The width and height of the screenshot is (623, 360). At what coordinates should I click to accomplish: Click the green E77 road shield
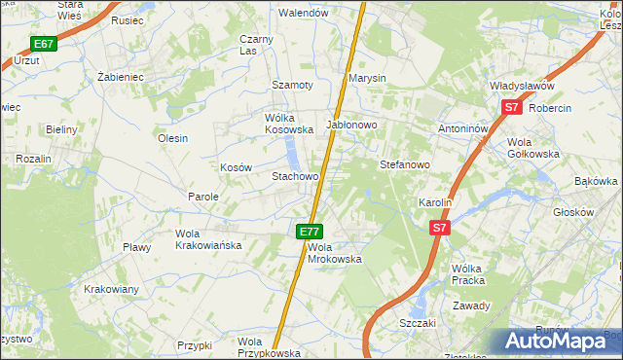click(x=310, y=232)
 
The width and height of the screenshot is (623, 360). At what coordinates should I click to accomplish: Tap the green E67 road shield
click(x=43, y=44)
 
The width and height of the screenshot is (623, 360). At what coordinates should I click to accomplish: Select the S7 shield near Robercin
click(x=512, y=109)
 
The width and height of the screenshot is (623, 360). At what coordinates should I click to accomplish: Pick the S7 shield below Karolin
click(x=440, y=228)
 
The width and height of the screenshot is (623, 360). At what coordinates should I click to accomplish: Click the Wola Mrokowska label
click(x=335, y=253)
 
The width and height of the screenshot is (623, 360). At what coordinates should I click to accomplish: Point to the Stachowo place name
click(x=295, y=177)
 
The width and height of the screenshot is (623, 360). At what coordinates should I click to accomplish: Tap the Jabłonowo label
click(x=351, y=126)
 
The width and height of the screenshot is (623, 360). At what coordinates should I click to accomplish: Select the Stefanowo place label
click(x=404, y=165)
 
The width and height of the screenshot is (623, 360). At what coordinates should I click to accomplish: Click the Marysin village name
click(x=368, y=78)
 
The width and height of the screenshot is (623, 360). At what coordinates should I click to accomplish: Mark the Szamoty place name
click(x=292, y=85)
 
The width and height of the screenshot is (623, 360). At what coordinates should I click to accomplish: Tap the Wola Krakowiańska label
click(x=207, y=239)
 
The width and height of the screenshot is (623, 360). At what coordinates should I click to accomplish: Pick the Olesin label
click(x=172, y=138)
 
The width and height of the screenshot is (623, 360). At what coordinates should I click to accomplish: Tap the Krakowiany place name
click(x=111, y=290)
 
